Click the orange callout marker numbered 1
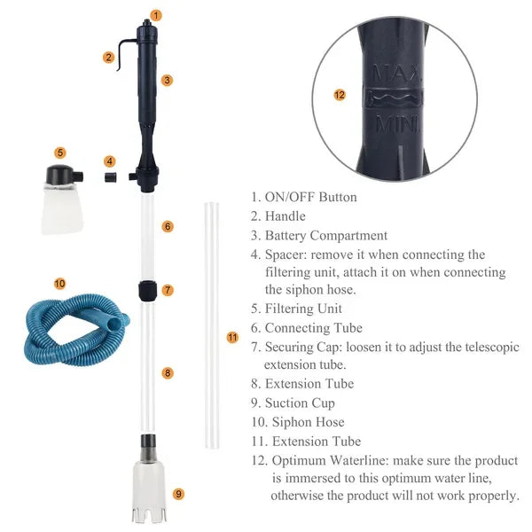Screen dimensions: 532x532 coord(156,15)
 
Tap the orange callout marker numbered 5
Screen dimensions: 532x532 coord(59,153)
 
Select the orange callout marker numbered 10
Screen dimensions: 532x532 coord(59,284)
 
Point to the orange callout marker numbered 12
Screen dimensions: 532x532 coord(339,94)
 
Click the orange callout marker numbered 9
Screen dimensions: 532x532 coord(178,494)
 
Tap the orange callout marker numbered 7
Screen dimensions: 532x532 coord(168,290)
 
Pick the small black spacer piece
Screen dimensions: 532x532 coord(110,176)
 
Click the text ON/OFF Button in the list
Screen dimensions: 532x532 coord(310,197)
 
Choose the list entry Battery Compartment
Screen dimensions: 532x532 coord(325,236)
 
